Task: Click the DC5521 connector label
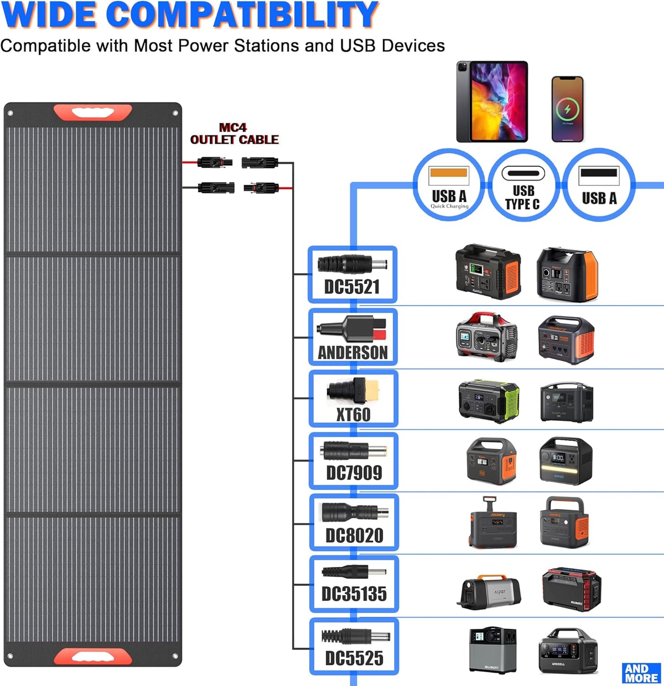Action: pos(352,287)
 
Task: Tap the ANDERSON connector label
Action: pos(353,352)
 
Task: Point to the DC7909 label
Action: pos(354,473)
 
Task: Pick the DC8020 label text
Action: pos(354,535)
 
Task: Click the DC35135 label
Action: pos(354,594)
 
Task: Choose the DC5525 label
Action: pos(354,658)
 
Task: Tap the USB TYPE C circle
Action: pos(523,186)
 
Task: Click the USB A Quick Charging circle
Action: pos(448,186)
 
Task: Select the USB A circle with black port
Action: pos(599,186)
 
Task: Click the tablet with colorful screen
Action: pos(492,102)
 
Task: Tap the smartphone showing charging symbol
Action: pos(568,109)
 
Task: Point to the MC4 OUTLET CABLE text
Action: pos(234,134)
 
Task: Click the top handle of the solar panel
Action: pos(93,112)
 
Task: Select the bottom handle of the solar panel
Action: pos(93,657)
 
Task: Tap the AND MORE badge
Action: pos(641,673)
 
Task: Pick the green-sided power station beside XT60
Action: pos(489,401)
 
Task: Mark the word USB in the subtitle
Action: pos(358,45)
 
